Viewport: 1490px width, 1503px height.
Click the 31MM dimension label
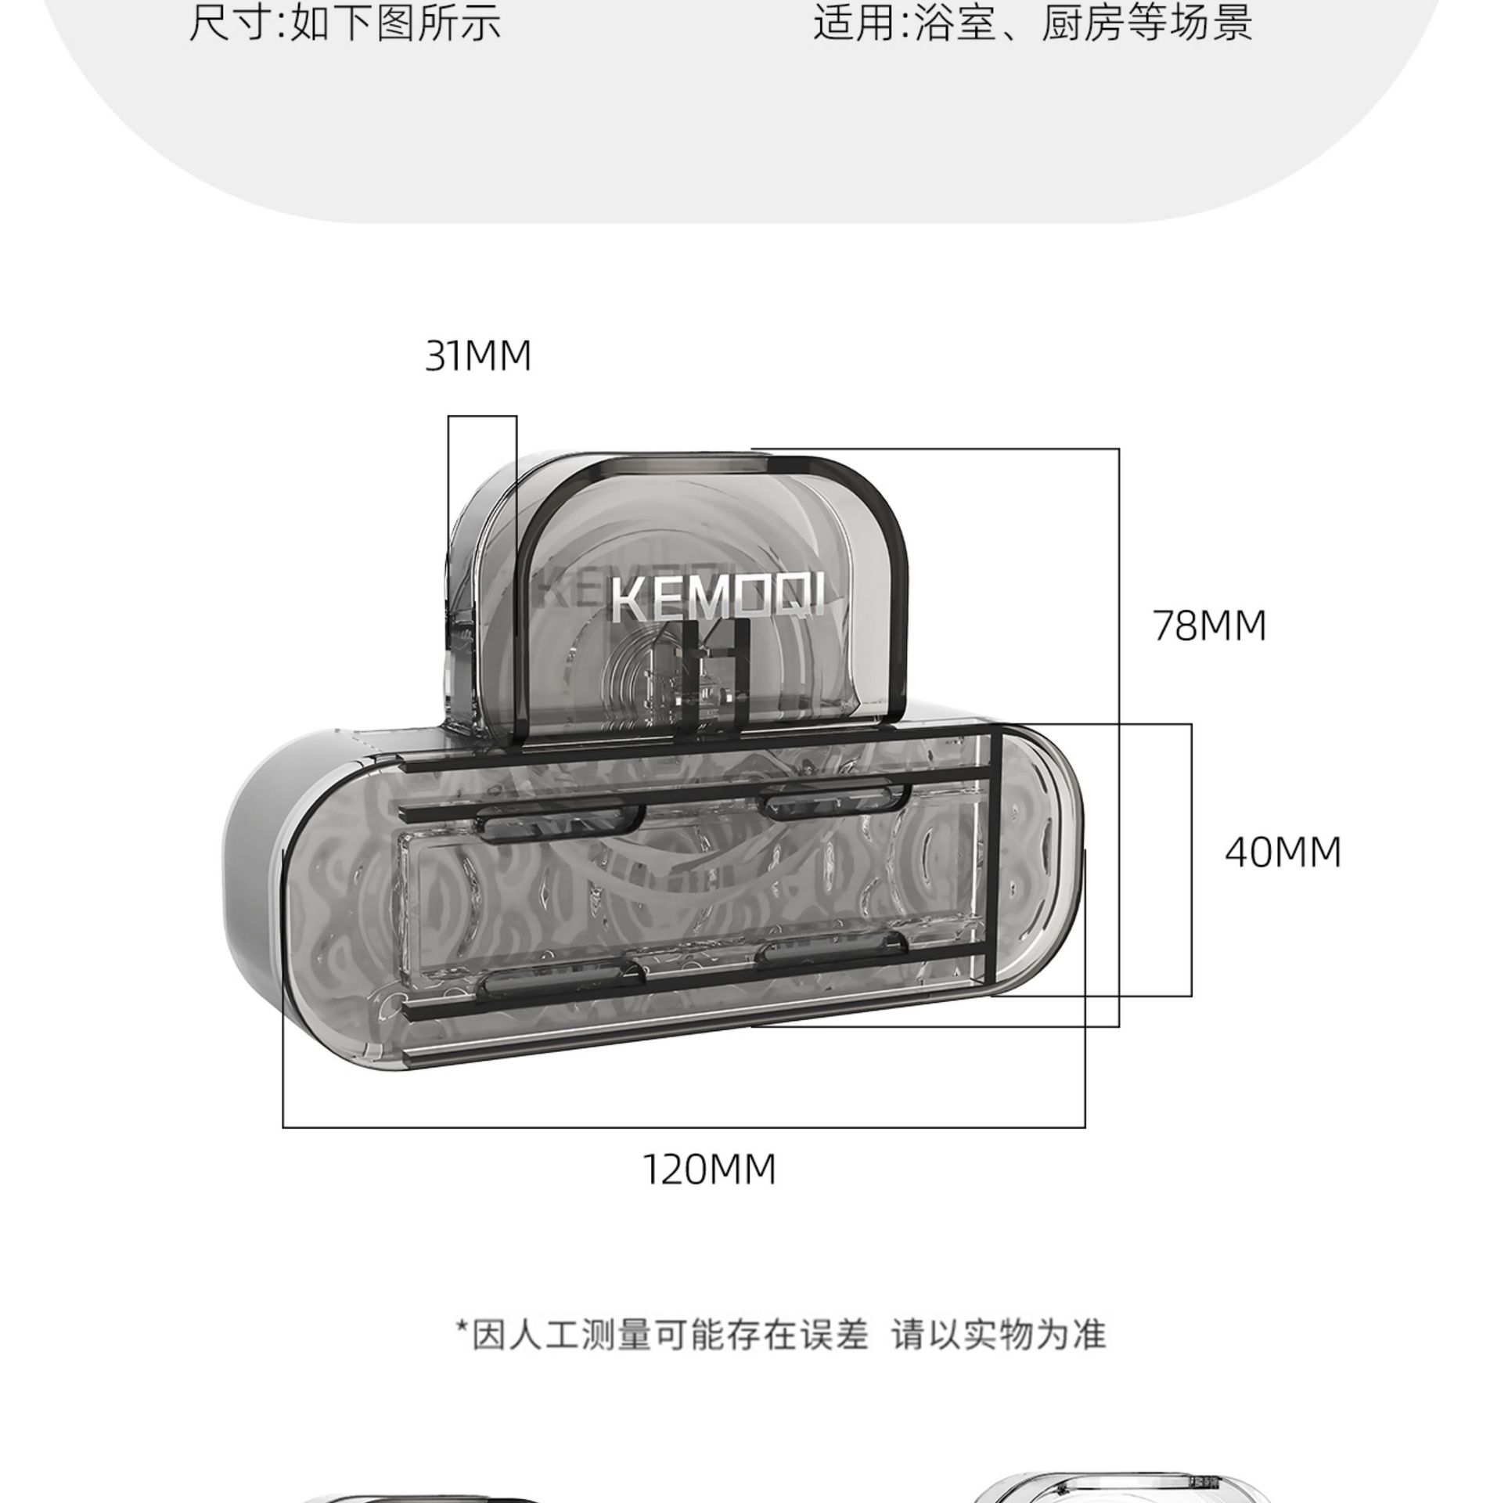[478, 356]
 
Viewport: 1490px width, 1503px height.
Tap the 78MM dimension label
[1209, 625]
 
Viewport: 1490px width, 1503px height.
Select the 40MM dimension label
[1283, 852]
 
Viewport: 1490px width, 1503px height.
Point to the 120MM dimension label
[709, 1170]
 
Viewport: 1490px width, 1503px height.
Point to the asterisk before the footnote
[462, 1329]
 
